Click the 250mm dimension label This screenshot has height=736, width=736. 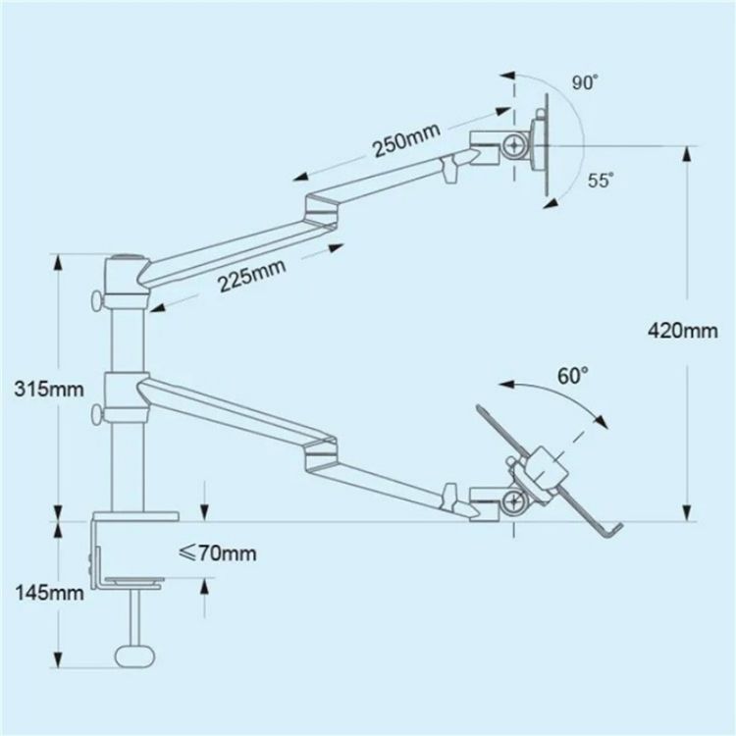(x=406, y=140)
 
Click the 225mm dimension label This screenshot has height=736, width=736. (x=252, y=275)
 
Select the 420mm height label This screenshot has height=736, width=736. (x=682, y=331)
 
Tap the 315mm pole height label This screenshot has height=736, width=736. (x=49, y=390)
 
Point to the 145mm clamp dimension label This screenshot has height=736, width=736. (x=50, y=593)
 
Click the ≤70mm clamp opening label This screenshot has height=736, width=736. (x=218, y=552)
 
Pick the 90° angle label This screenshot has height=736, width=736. (x=585, y=83)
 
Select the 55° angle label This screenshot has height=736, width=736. (x=601, y=181)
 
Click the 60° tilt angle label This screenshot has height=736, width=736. (x=573, y=376)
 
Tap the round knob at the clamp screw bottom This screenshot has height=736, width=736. (x=134, y=656)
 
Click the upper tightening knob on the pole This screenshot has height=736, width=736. (x=97, y=300)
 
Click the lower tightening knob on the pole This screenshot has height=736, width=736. (x=97, y=414)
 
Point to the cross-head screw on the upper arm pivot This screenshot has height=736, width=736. (x=514, y=146)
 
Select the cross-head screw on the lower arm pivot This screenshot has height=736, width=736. (x=513, y=501)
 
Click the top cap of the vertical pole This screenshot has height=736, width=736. (x=127, y=258)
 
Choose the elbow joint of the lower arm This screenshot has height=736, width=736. (x=321, y=451)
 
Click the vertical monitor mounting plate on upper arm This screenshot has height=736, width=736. (x=547, y=144)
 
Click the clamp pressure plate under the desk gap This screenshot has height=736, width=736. (x=134, y=582)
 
